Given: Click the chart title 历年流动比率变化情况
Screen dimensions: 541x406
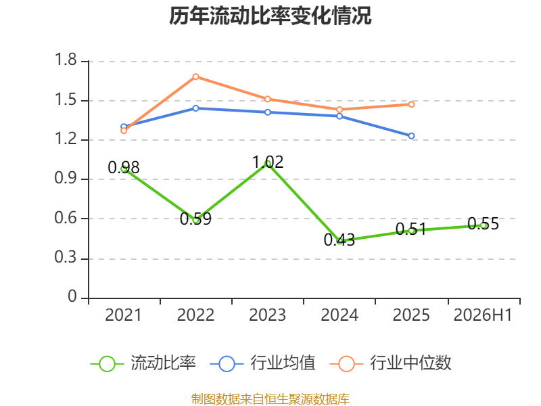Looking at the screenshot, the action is point(270,16).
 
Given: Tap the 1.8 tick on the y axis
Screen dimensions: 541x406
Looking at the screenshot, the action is point(66,60).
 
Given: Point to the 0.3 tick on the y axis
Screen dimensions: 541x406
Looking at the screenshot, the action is point(66,257).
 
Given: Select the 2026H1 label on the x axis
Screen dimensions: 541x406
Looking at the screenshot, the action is point(483,315).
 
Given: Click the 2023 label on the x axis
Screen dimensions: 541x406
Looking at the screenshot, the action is point(267,315).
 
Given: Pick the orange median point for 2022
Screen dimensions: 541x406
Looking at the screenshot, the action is point(195,76).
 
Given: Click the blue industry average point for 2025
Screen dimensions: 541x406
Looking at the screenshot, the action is point(411,136).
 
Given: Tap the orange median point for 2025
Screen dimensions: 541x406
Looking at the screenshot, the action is point(411,104).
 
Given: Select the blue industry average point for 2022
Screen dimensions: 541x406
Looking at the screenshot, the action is point(195,108).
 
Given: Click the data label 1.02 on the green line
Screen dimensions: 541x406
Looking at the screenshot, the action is point(268,162).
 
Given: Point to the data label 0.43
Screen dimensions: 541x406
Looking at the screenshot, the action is point(339,240).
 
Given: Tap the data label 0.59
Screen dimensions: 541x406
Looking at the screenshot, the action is point(195,219).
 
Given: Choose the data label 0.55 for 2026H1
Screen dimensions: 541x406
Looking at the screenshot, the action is point(484,224).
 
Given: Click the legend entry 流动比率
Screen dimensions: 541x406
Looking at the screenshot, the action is point(143,363).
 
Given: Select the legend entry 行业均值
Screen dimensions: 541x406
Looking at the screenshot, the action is point(263,363).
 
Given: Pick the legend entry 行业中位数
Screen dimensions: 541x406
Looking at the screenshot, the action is point(391,363).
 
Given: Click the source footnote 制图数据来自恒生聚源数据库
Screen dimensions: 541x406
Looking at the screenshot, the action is point(270,399).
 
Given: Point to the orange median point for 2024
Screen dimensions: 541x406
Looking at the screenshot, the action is point(339,110).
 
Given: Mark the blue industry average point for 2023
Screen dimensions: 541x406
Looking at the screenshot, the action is point(267,112).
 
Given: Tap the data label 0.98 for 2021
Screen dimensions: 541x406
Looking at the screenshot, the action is point(124,167).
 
